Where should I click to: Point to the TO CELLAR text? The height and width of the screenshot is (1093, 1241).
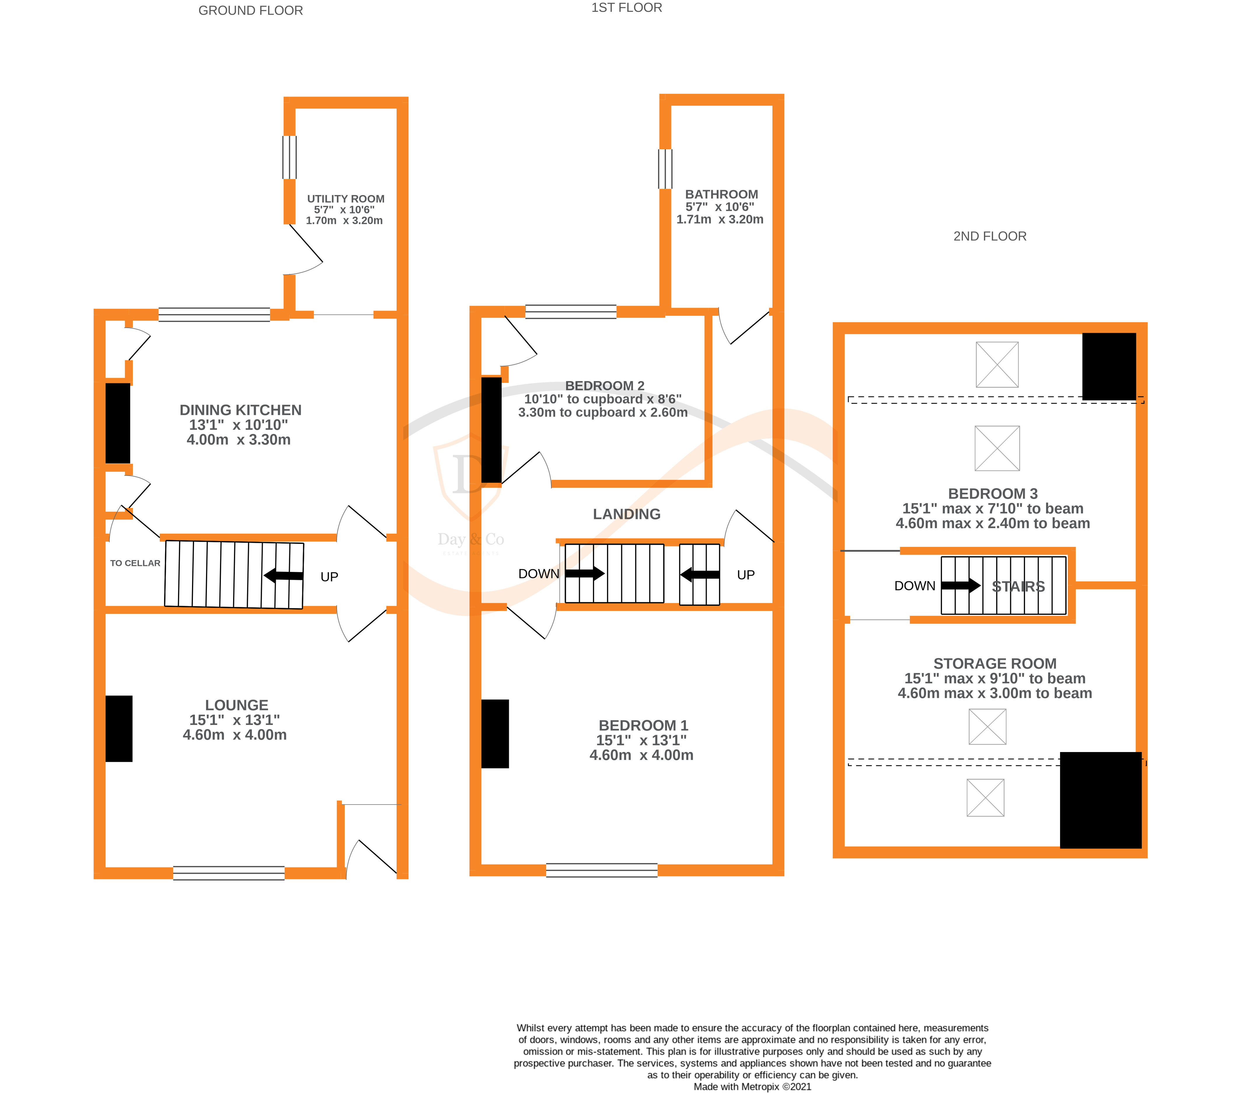point(135,563)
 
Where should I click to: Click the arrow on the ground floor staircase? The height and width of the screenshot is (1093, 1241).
point(284,575)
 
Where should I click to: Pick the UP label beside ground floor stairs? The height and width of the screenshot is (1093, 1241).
point(329,577)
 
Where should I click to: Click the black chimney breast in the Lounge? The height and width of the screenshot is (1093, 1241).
point(119,728)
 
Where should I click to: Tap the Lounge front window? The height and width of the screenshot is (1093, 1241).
point(229,873)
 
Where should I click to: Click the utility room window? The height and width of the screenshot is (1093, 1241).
point(290,157)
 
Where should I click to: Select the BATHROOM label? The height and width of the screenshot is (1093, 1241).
point(721,194)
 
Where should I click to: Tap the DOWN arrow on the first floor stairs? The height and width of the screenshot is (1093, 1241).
point(584,573)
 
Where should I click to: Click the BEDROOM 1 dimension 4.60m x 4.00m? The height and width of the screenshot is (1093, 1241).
point(641,755)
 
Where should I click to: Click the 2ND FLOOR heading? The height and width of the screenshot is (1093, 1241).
point(990,236)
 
